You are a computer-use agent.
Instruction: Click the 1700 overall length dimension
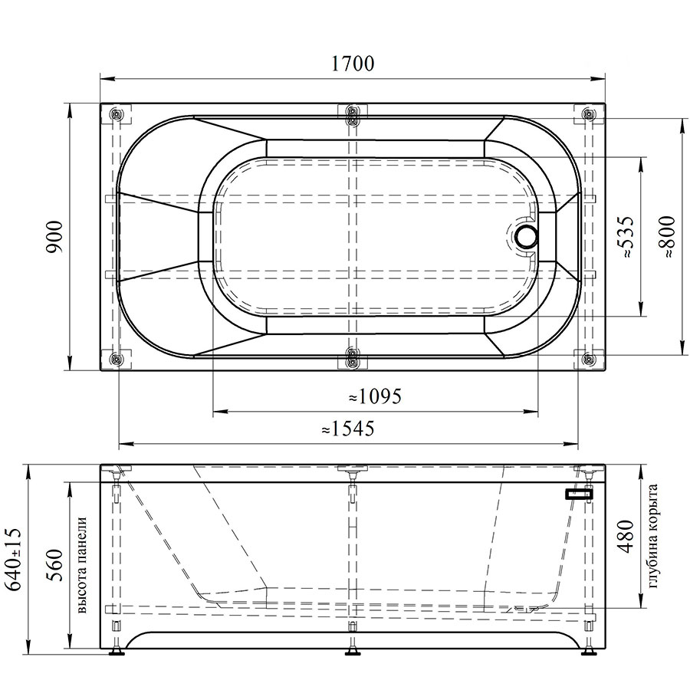(352, 64)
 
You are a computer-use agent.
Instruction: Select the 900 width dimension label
(56, 237)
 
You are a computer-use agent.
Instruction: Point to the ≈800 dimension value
(667, 237)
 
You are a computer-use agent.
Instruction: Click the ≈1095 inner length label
(375, 396)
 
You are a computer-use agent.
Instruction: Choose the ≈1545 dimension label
(347, 428)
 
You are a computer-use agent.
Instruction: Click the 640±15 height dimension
(13, 560)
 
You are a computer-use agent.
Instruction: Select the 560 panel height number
(56, 565)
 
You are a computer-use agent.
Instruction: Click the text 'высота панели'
(81, 565)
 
